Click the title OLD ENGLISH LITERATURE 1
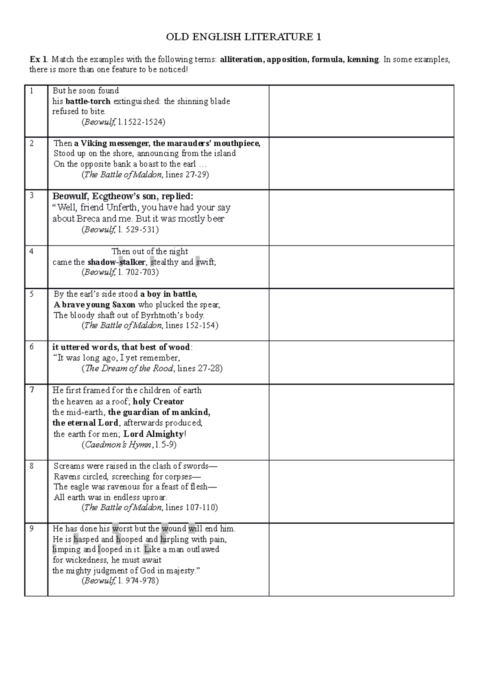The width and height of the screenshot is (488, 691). coord(244,37)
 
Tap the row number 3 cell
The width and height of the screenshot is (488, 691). coord(36,218)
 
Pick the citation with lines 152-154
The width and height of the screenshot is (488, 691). coord(150,326)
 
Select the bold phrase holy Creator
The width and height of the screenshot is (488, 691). coord(159,402)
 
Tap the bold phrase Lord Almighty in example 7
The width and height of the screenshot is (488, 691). coord(153,434)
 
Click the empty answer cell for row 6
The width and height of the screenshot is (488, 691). coord(361,362)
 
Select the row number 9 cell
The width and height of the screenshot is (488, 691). coord(36,559)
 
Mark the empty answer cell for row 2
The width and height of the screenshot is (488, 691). coord(361,163)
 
